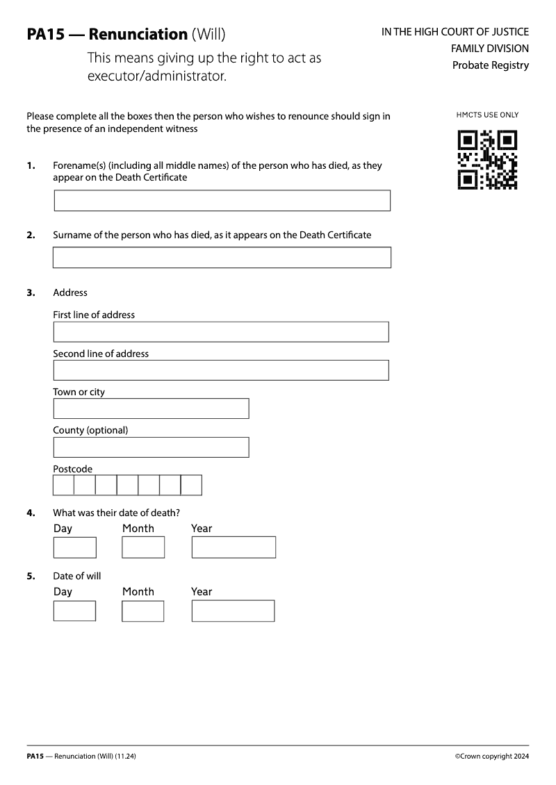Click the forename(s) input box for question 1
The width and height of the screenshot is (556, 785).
[x=222, y=201]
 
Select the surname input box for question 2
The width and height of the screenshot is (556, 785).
[x=222, y=257]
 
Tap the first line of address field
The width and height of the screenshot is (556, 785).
[x=221, y=332]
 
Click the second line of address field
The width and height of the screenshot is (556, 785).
[x=221, y=370]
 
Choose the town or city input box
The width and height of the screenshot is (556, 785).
[x=151, y=408]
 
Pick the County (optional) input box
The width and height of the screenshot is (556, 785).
[x=151, y=447]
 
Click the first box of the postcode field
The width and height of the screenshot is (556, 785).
[x=64, y=485]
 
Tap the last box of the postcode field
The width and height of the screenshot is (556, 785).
[x=191, y=485]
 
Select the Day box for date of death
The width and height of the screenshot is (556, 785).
[x=74, y=547]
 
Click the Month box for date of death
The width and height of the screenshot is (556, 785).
[x=143, y=547]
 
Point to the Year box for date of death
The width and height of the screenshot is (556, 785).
[x=234, y=547]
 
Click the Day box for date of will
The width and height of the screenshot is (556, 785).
[x=74, y=611]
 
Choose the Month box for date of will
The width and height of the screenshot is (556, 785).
[x=143, y=611]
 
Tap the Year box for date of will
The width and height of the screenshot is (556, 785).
[x=233, y=611]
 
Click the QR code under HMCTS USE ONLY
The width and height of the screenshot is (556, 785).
[x=487, y=159]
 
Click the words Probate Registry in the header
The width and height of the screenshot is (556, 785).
[x=490, y=65]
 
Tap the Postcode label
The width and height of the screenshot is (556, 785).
[x=73, y=469]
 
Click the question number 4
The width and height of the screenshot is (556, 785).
[x=31, y=513]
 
